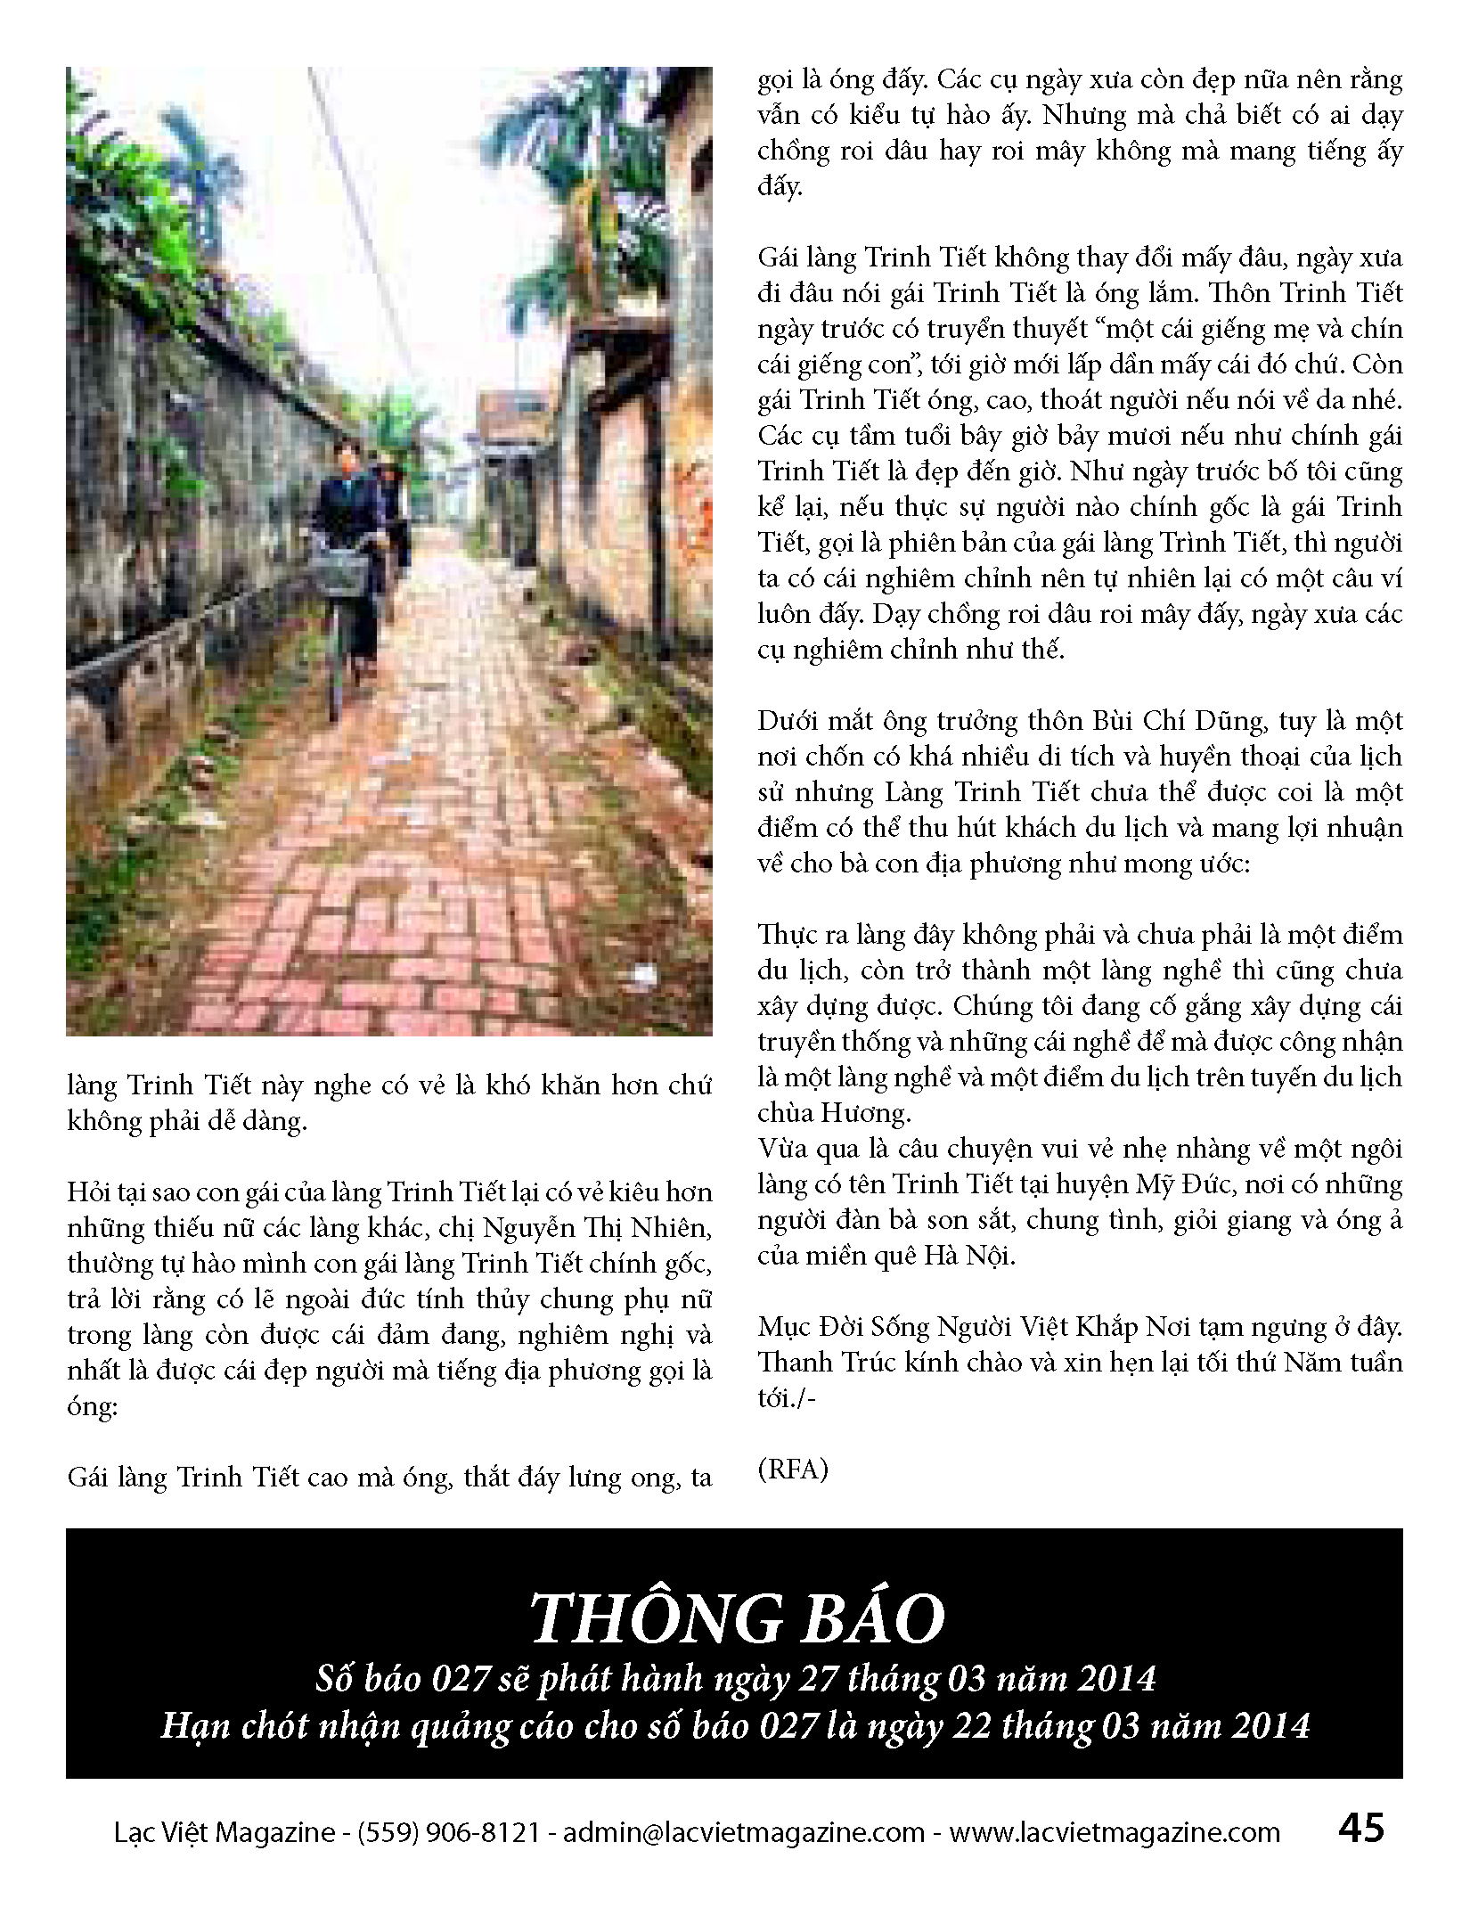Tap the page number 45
(x=1360, y=1829)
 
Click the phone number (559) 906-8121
(x=448, y=1832)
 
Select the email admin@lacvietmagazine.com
(x=745, y=1832)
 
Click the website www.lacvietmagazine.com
(x=1114, y=1832)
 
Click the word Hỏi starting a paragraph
(x=89, y=1192)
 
